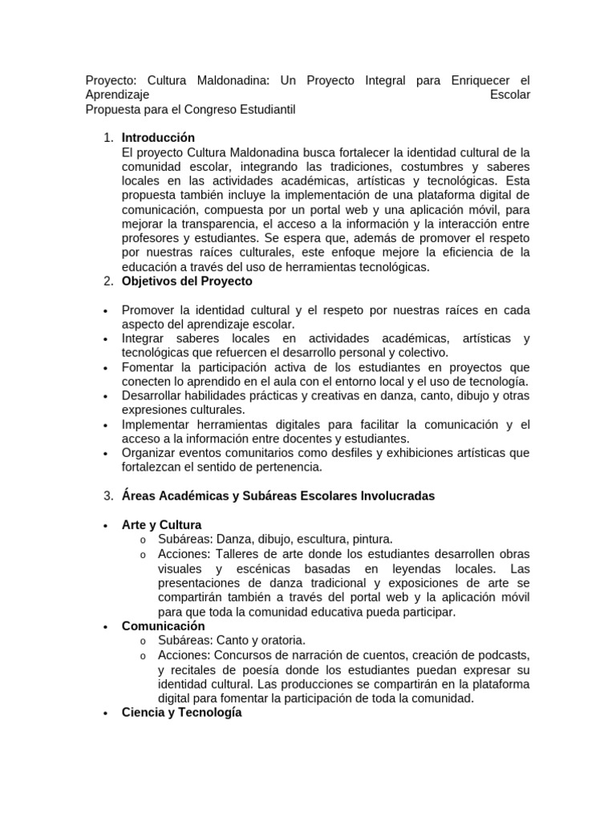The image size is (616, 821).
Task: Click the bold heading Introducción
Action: [158, 138]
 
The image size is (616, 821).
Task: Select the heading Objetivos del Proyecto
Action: [187, 281]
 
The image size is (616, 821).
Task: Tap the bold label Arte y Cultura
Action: [161, 524]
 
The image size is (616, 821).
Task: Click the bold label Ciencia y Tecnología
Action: [181, 712]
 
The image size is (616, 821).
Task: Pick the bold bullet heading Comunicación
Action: [163, 625]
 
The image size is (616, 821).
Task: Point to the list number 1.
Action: [107, 138]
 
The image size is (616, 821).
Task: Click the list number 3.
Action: [107, 495]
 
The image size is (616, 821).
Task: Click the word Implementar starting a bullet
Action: [158, 423]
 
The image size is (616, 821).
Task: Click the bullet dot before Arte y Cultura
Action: [107, 525]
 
